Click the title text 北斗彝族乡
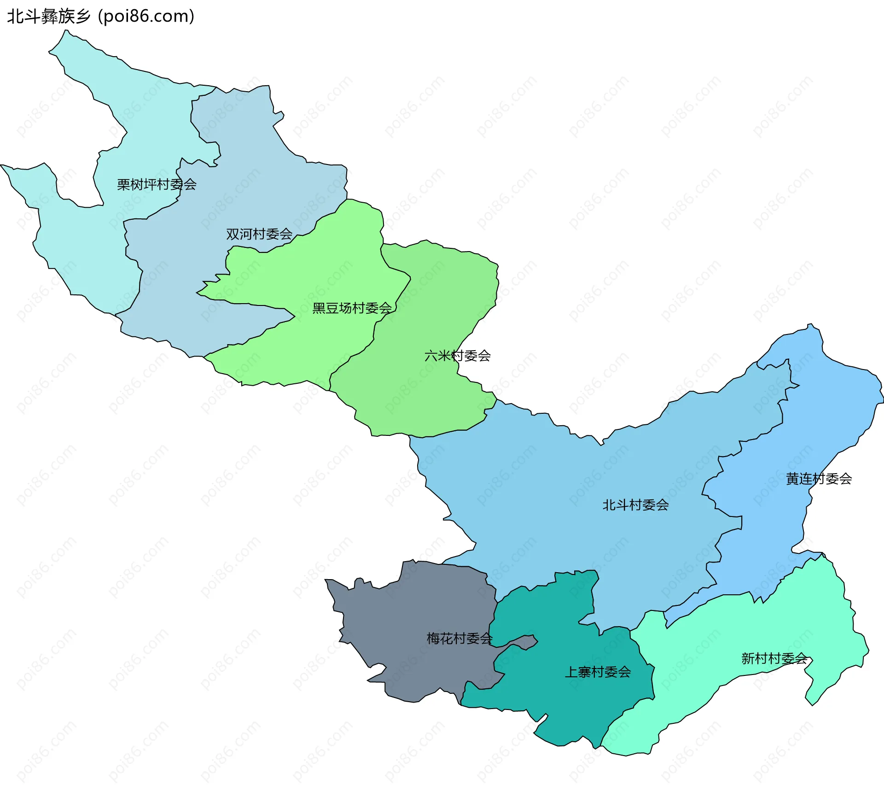(49, 17)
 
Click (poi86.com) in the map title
(146, 17)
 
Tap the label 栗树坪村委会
(157, 185)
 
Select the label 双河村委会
(259, 235)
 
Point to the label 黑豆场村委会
(352, 308)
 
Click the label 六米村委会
(458, 356)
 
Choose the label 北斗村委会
(635, 505)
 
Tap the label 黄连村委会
(819, 479)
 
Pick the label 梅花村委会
(459, 639)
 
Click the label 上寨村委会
(598, 672)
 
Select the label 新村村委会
(774, 659)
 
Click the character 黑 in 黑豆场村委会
(319, 308)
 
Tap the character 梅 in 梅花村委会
(433, 639)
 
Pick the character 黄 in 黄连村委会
(792, 479)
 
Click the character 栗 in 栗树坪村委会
(123, 185)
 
